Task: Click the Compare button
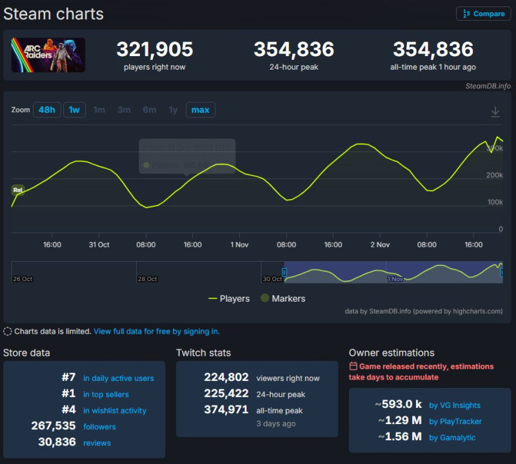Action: tap(483, 14)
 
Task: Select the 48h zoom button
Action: tap(46, 110)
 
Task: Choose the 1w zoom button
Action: tap(74, 110)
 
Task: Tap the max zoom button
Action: tap(200, 110)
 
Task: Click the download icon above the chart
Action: tap(495, 111)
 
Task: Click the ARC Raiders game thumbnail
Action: tap(48, 55)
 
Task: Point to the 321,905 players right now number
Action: tap(155, 49)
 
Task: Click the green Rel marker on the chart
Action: tap(18, 190)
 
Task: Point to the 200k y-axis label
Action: tap(495, 175)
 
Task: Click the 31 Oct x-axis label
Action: tap(99, 245)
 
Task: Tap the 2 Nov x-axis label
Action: tap(380, 245)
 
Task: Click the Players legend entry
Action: tap(230, 298)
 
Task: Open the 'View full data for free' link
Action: tap(157, 331)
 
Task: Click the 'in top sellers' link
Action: tap(106, 394)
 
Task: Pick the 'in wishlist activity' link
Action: tap(115, 411)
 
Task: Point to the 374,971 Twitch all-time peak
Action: tap(226, 410)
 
